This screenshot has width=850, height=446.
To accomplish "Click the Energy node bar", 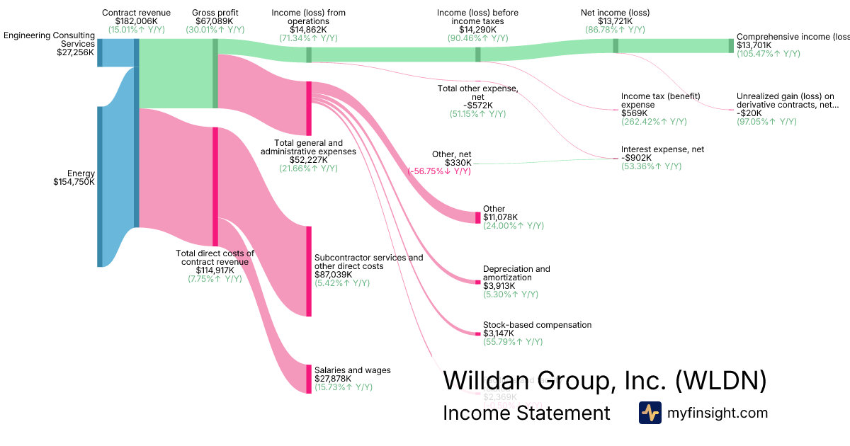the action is pyautogui.click(x=100, y=186).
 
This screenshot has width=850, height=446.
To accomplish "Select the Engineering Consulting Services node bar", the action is pyautogui.click(x=100, y=52).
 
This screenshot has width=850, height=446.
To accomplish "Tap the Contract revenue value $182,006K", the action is pyautogui.click(x=136, y=21).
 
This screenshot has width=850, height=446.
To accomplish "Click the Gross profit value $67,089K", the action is pyautogui.click(x=215, y=21).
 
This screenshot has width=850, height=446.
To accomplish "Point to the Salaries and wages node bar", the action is pyautogui.click(x=308, y=379).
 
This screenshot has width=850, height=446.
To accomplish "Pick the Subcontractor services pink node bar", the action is pyautogui.click(x=308, y=271).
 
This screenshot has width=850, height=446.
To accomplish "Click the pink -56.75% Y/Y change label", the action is pyautogui.click(x=439, y=171).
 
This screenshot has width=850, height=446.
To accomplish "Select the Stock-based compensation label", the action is pyautogui.click(x=537, y=325).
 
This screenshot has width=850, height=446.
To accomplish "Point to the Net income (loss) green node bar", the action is pyautogui.click(x=616, y=45).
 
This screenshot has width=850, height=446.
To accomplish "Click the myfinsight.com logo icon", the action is pyautogui.click(x=650, y=413).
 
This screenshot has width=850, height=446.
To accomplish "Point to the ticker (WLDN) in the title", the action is pyautogui.click(x=720, y=380).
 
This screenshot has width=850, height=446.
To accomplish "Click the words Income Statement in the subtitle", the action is pyautogui.click(x=526, y=413).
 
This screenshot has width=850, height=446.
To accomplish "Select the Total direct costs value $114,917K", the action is pyautogui.click(x=215, y=270).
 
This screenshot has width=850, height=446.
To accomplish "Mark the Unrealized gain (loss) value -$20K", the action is pyautogui.click(x=749, y=113).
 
